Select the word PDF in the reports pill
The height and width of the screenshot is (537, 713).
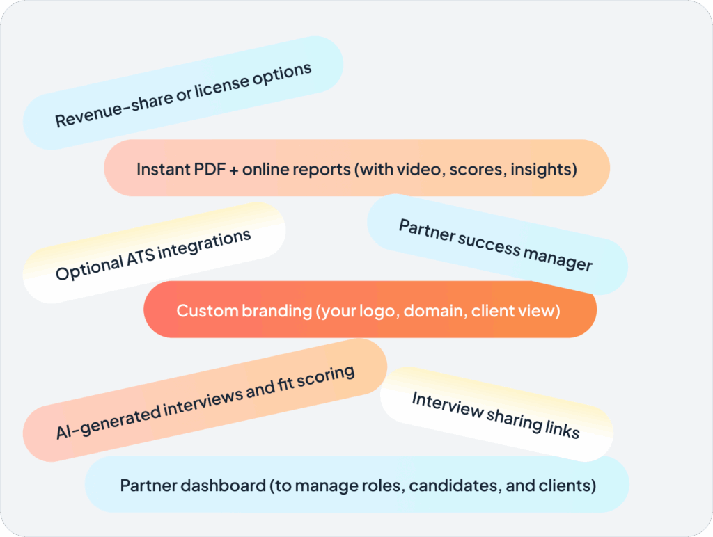click(210, 169)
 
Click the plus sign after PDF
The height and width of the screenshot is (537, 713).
click(234, 170)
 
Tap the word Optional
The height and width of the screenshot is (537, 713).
click(90, 268)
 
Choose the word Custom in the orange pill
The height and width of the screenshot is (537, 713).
click(207, 311)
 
